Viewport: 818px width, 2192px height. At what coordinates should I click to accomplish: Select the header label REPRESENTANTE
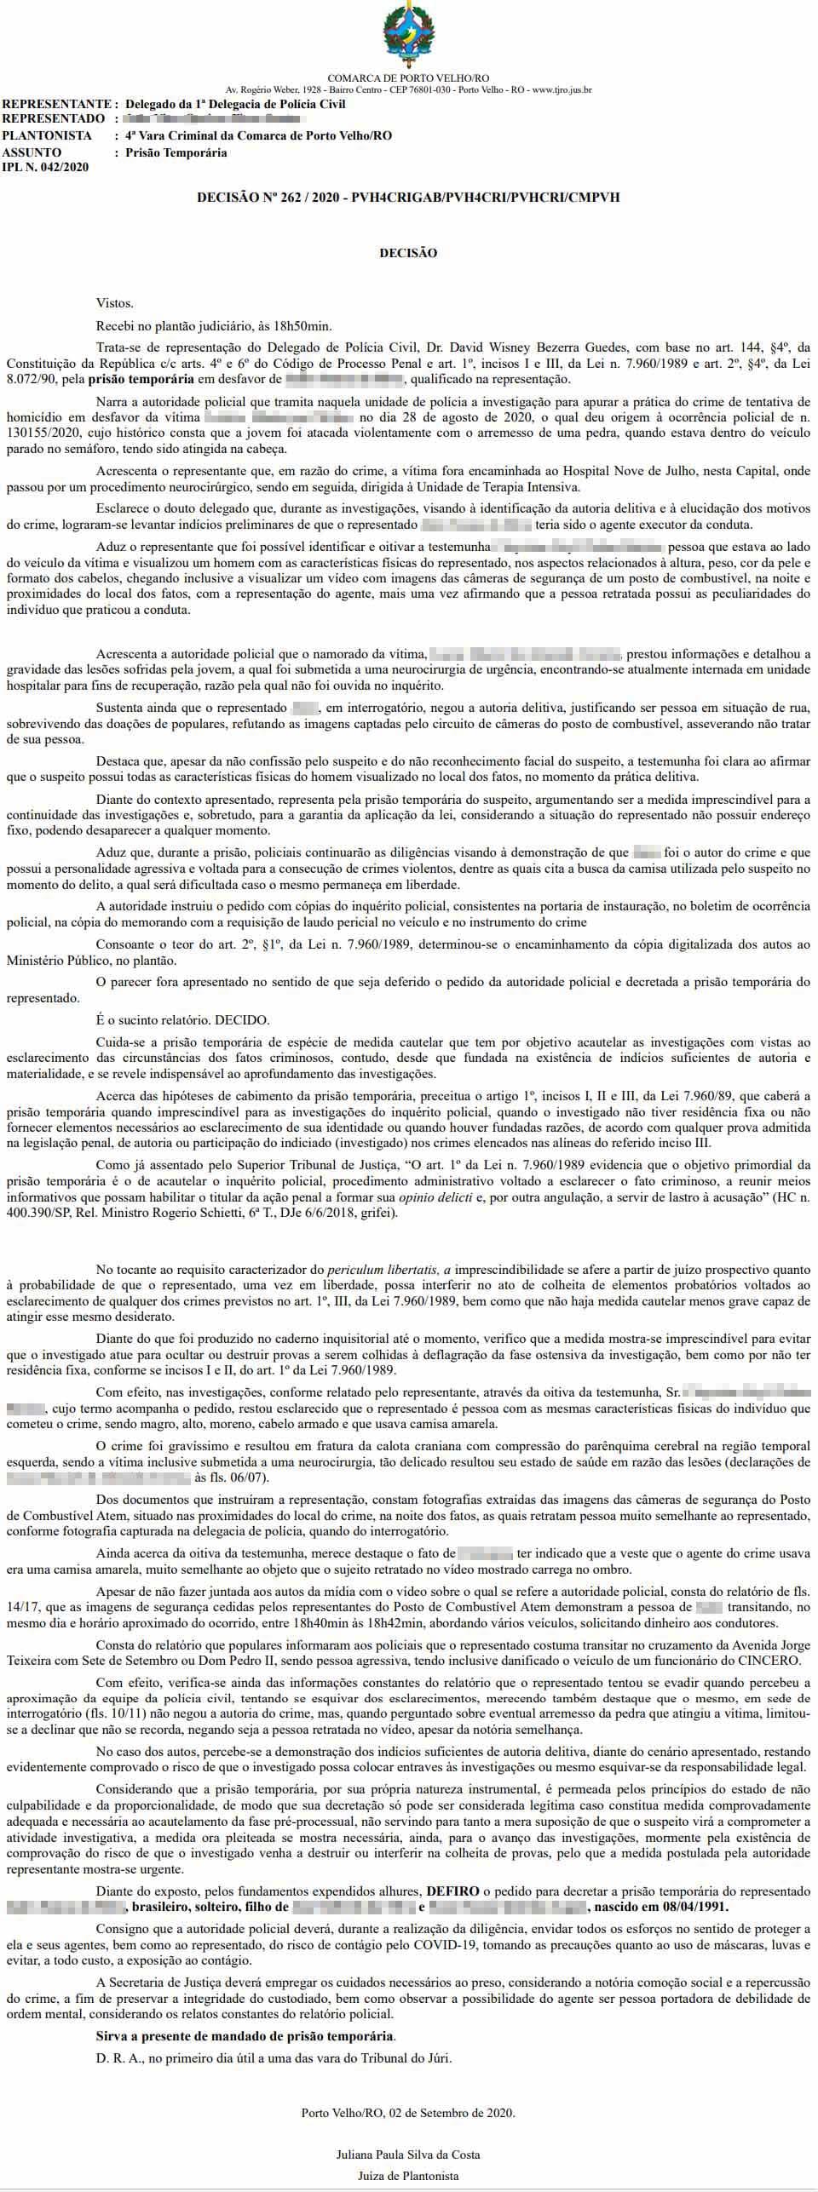[x=55, y=104]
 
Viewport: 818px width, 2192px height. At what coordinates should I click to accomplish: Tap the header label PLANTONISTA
[x=47, y=135]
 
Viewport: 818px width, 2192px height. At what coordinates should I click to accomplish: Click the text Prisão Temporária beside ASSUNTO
[x=176, y=152]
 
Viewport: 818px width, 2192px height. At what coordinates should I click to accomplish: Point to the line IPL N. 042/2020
[x=46, y=167]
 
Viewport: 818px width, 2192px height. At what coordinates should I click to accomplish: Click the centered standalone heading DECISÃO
[x=408, y=253]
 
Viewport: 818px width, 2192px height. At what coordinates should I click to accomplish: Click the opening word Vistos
[x=115, y=302]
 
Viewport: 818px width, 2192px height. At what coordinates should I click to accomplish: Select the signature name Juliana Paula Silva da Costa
[x=408, y=2147]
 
